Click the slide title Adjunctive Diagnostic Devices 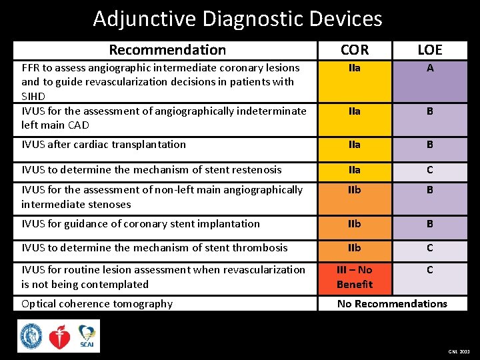click(x=237, y=19)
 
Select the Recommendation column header click(x=167, y=50)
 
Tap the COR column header click(x=354, y=50)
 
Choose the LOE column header click(x=429, y=50)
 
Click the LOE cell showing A click(x=430, y=68)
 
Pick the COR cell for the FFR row click(x=354, y=68)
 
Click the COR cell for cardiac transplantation click(x=354, y=145)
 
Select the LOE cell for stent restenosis click(x=430, y=170)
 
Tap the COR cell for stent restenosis click(x=354, y=170)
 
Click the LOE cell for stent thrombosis click(x=430, y=248)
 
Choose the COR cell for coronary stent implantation click(x=354, y=224)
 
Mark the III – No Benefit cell click(x=354, y=277)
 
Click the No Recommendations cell click(x=392, y=304)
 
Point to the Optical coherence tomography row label click(x=97, y=304)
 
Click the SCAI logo click(x=87, y=336)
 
